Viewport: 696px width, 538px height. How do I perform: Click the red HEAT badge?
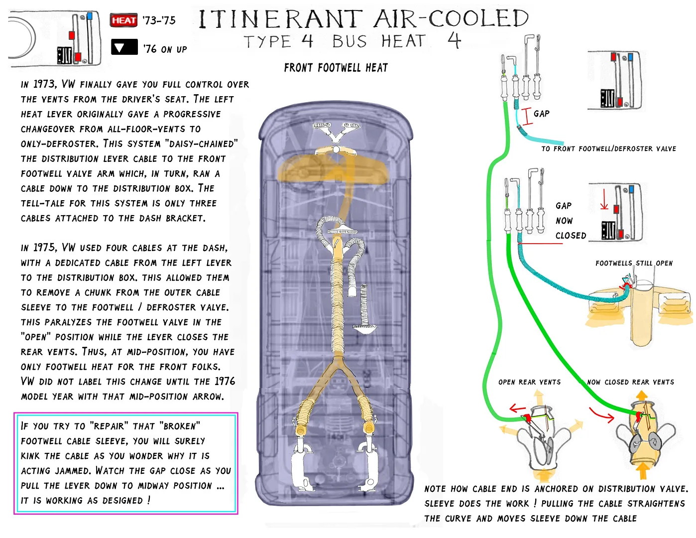pos(123,20)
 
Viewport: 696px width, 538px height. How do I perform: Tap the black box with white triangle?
pos(124,47)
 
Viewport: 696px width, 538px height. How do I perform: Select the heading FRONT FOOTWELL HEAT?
pos(336,68)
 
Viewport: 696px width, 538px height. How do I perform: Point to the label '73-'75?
pos(159,20)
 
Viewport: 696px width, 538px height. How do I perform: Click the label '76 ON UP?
pos(165,49)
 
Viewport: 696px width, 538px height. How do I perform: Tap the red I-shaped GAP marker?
pos(527,116)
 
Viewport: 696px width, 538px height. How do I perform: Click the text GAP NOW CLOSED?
pos(571,221)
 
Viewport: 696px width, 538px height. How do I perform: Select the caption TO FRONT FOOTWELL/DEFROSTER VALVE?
pos(608,148)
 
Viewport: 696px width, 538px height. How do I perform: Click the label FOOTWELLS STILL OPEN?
pos(634,263)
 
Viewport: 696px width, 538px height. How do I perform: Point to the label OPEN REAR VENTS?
pos(529,382)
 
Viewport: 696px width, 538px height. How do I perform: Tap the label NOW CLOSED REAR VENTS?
pos(630,382)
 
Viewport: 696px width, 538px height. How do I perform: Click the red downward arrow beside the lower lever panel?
pos(604,199)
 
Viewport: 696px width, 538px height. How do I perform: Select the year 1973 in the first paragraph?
pos(44,84)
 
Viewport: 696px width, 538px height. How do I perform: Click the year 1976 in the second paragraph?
pos(225,381)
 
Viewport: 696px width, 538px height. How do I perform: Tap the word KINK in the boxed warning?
pos(30,456)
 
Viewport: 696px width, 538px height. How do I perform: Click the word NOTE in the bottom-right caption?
pos(435,489)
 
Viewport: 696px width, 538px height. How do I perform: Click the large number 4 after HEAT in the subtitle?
pos(454,40)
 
